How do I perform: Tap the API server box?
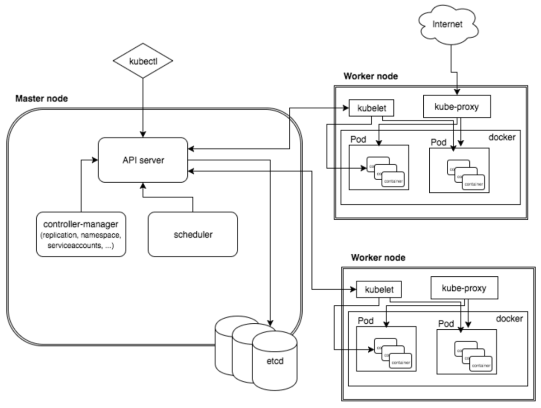tap(142, 160)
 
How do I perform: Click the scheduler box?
tap(192, 234)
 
